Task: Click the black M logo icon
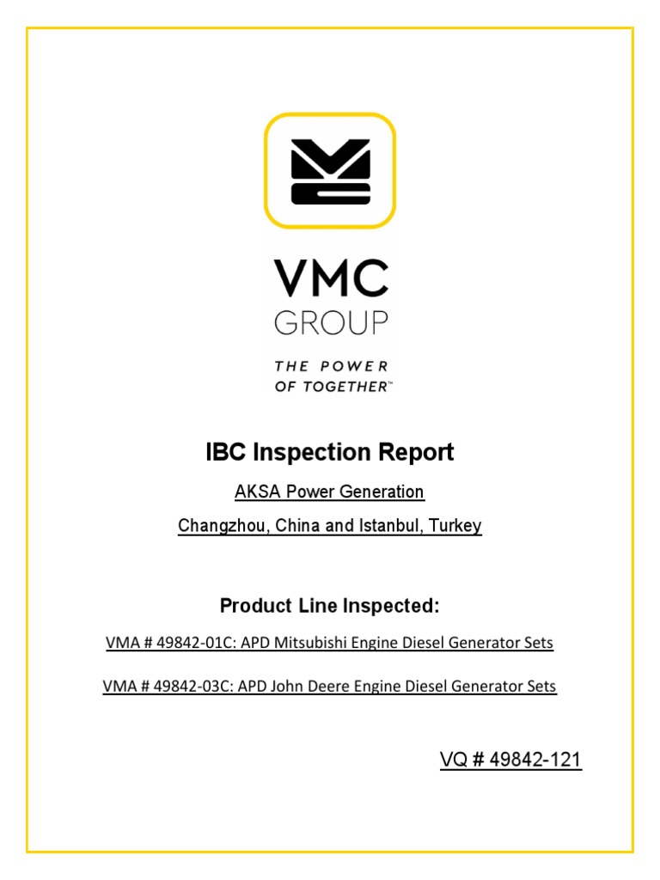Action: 330,172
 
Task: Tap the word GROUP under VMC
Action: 331,322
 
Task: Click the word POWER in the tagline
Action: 353,366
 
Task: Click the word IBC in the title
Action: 225,452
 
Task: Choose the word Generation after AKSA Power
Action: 385,492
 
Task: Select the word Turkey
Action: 460,526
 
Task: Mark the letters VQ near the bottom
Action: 455,760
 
